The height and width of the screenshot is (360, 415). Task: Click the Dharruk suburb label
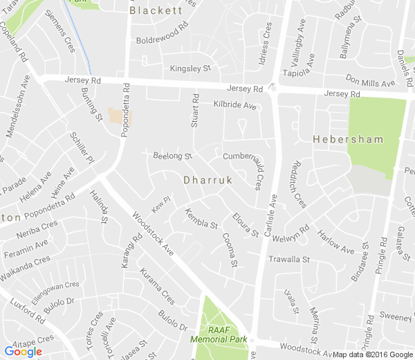pos(207,179)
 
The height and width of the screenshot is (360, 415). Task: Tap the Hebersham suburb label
pos(347,139)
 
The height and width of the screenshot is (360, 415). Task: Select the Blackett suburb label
pos(156,10)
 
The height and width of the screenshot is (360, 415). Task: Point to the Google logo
pos(24,351)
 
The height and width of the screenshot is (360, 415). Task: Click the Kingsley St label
pos(190,69)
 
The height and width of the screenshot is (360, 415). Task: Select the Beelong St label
pos(172,156)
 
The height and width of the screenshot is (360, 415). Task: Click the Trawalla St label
pos(289,259)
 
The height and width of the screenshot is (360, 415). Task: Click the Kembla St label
pos(202,221)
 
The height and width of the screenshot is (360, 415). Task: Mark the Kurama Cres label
pos(157,287)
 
